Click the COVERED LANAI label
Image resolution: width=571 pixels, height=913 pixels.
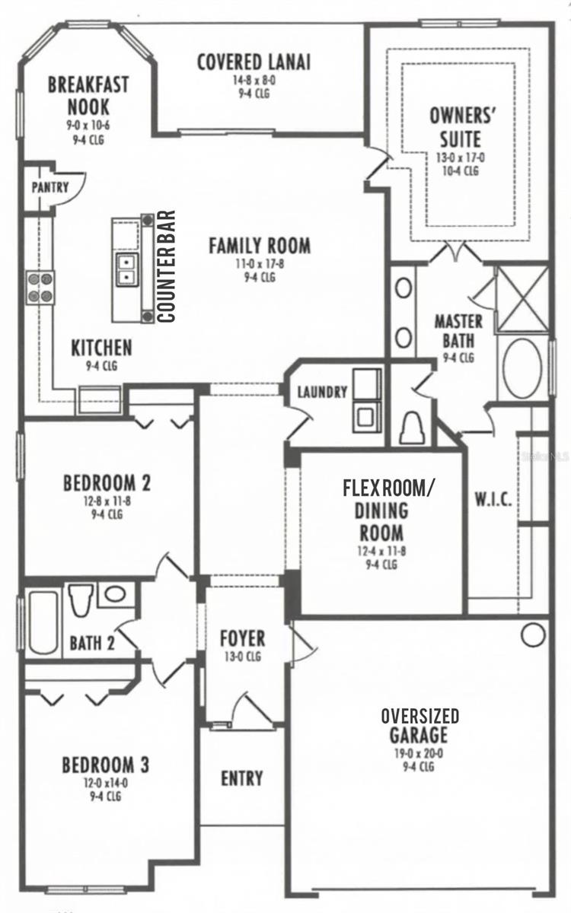254,62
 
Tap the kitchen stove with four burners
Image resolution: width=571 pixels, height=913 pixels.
40,288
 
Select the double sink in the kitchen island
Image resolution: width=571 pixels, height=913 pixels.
126,270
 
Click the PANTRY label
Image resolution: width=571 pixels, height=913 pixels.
50,187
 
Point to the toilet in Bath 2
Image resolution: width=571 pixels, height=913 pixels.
80,600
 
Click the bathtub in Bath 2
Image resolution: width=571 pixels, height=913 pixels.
43,622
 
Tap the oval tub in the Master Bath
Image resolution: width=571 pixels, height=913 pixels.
522,368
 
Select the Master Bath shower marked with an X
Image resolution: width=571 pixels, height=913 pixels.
523,298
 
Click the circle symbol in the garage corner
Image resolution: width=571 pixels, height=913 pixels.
533,635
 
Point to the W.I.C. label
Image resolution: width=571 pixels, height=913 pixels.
493,499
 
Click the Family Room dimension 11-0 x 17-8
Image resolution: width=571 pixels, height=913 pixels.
260,264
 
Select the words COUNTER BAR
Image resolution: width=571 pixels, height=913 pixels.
166,266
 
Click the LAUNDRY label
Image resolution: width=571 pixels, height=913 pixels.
322,392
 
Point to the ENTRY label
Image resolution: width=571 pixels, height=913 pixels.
242,778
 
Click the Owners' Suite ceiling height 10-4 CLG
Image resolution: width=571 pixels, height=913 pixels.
461,170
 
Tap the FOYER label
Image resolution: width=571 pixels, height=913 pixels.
243,638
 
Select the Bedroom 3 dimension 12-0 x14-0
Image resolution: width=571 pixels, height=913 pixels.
106,783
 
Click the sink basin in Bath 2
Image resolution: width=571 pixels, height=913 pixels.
116,594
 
